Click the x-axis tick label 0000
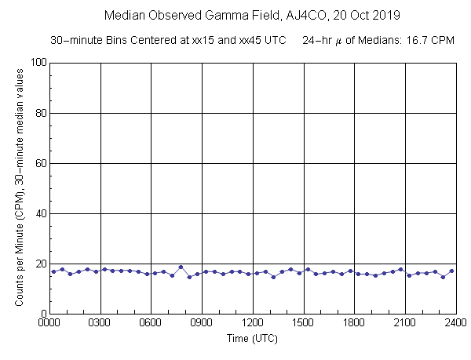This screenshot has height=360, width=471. [x=49, y=322]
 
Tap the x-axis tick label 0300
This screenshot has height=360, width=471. [x=100, y=322]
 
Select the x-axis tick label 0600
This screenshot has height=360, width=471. [x=151, y=322]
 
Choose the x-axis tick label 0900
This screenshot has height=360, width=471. [x=202, y=322]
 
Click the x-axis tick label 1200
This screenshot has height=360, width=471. [x=252, y=322]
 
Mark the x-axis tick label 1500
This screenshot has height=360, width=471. [x=303, y=322]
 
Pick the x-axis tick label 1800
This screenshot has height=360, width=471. [x=354, y=322]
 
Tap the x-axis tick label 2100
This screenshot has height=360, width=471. [x=404, y=322]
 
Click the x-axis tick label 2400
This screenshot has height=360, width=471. [x=455, y=322]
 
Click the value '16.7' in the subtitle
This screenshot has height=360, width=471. [x=414, y=40]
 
